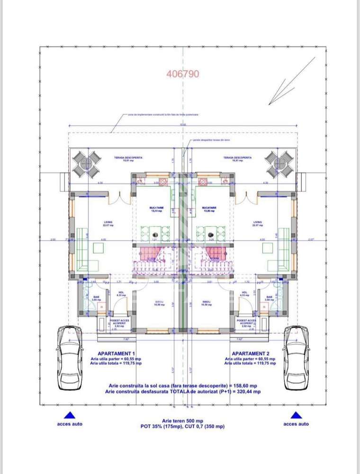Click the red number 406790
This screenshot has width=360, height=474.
183,74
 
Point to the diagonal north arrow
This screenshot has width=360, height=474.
291,81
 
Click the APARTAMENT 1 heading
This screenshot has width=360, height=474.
116,354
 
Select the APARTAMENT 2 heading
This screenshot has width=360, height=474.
250,354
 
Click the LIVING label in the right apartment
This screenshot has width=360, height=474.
257,222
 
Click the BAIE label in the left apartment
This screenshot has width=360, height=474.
96,298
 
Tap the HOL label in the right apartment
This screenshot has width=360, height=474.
244,292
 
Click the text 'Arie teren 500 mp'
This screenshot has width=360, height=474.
182,421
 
